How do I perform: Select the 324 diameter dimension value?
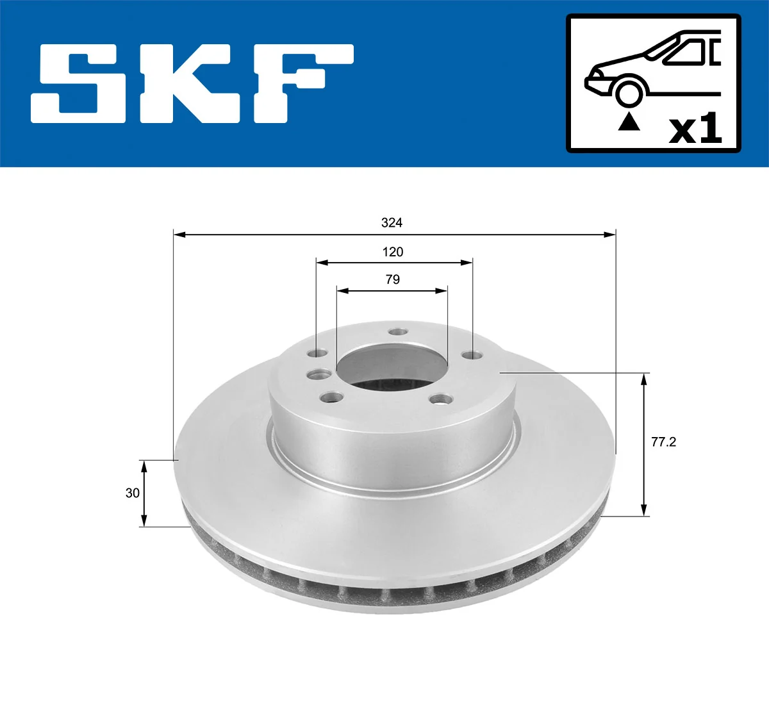(x=392, y=222)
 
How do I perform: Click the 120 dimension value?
(x=393, y=252)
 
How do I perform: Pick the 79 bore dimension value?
(x=393, y=279)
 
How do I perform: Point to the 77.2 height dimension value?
(x=663, y=442)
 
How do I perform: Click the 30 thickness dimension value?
(x=132, y=493)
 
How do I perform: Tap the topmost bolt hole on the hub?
(x=399, y=332)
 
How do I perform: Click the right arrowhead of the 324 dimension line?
(x=609, y=235)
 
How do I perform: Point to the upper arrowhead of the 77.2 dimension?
(x=644, y=378)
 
